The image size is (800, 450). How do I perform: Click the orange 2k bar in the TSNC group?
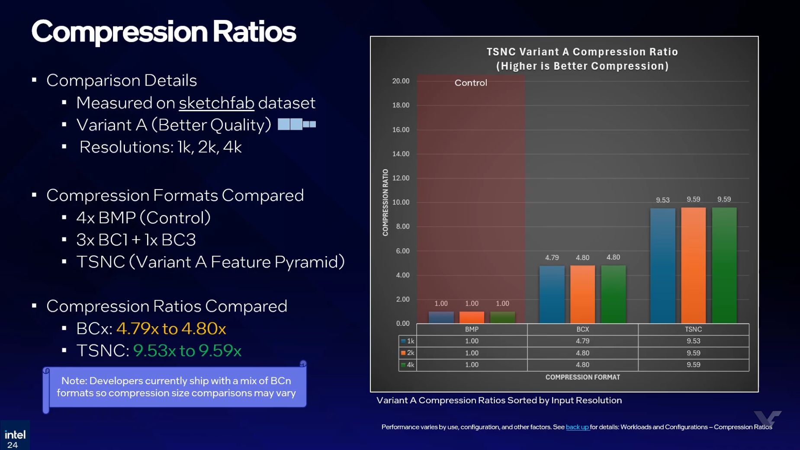693,265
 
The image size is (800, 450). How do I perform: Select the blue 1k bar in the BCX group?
552,294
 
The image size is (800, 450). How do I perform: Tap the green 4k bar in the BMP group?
502,317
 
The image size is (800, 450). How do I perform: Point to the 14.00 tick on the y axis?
401,154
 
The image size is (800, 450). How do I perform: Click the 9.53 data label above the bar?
662,200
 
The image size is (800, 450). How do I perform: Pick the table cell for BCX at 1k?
582,341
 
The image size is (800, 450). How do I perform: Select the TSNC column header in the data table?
693,329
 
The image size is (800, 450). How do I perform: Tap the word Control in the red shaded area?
471,83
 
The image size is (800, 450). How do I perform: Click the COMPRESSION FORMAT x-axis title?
582,377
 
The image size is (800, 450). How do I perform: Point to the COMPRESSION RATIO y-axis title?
385,202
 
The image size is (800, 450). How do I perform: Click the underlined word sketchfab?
216,103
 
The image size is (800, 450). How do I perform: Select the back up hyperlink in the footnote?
577,427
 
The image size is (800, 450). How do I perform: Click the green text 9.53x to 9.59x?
187,350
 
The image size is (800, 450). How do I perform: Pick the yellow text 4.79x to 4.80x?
171,328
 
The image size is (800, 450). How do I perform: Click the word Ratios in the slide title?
254,32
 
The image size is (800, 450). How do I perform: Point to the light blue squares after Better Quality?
296,125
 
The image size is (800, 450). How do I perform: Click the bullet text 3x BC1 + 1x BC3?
136,240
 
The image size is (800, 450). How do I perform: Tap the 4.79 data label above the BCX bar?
552,257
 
